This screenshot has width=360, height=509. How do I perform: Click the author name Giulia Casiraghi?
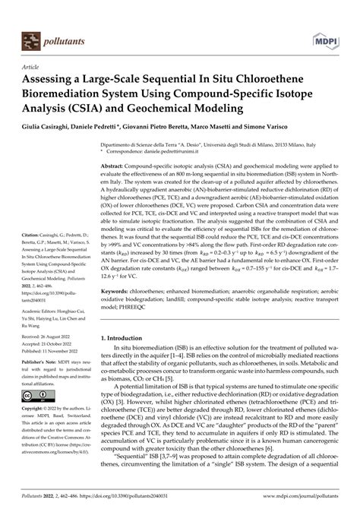[x=52, y=122]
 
